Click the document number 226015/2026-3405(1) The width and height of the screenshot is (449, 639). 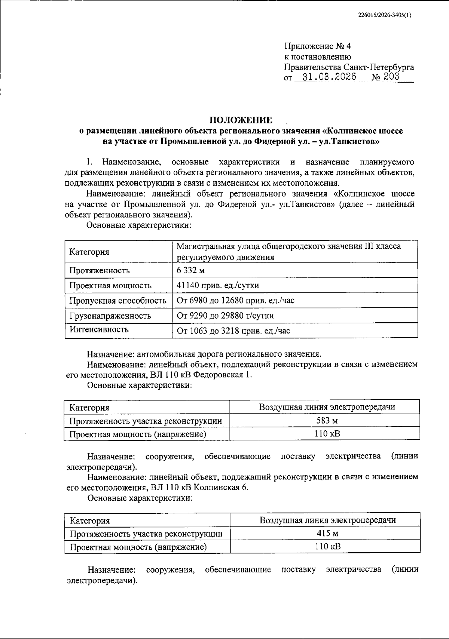point(384,15)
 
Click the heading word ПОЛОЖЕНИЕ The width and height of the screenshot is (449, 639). point(241,120)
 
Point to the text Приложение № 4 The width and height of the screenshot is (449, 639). point(317,46)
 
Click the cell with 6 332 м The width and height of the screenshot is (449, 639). point(190,270)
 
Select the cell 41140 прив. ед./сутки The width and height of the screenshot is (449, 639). point(217,286)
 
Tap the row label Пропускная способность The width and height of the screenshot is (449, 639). point(117,301)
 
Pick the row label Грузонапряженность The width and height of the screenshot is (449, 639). point(110,316)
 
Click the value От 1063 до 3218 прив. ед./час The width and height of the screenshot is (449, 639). point(233,331)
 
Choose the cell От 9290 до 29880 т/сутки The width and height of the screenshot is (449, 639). point(225,316)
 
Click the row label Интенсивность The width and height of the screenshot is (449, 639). point(99,329)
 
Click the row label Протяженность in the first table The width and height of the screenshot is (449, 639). point(99,270)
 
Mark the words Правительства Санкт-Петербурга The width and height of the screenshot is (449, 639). point(349,67)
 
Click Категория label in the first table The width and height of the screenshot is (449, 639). point(89,252)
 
